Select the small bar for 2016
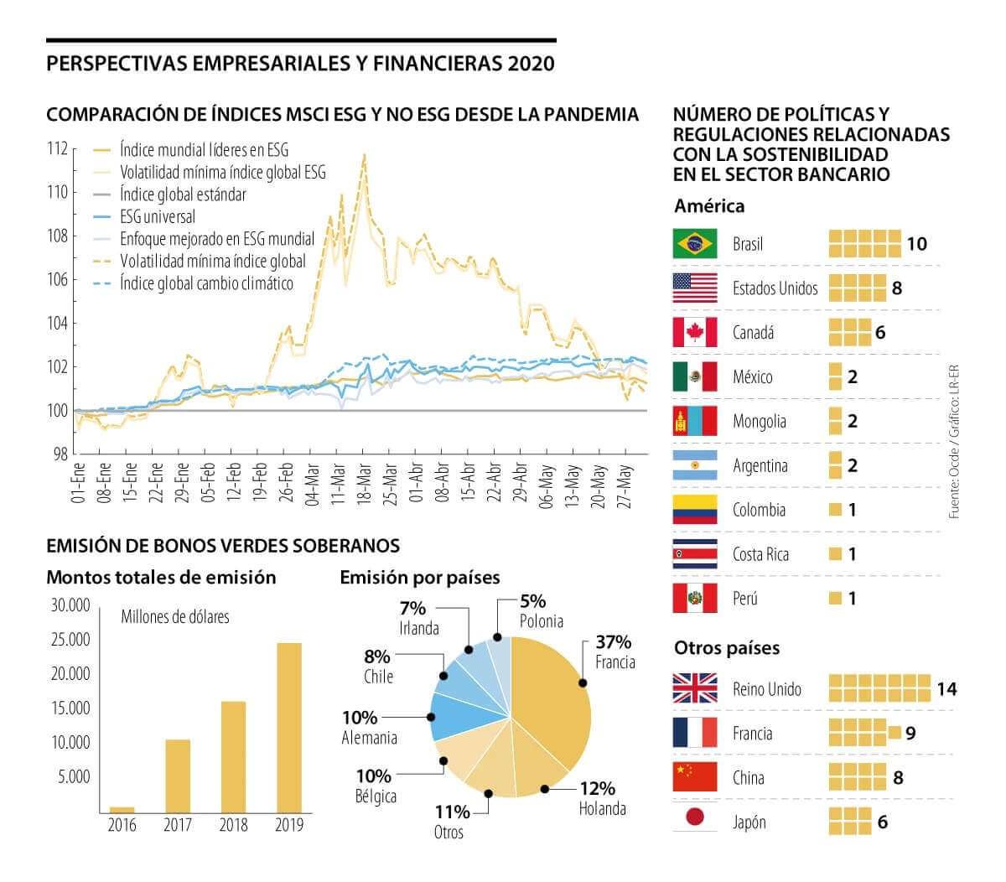click(x=122, y=809)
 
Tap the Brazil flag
click(x=694, y=244)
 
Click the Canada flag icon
click(x=694, y=333)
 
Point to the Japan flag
click(x=694, y=822)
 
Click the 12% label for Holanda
click(x=597, y=788)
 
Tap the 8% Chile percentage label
click(x=376, y=656)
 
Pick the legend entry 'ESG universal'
click(x=158, y=217)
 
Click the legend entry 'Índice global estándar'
click(x=183, y=195)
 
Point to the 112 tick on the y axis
click(x=57, y=149)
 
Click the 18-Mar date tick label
click(x=364, y=481)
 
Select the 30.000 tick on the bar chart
click(x=70, y=605)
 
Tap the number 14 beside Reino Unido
click(x=946, y=689)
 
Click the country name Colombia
click(x=759, y=510)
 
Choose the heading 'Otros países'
click(x=726, y=648)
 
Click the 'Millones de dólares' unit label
click(x=174, y=617)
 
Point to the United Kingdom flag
click(x=694, y=688)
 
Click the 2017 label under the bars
click(x=177, y=825)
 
